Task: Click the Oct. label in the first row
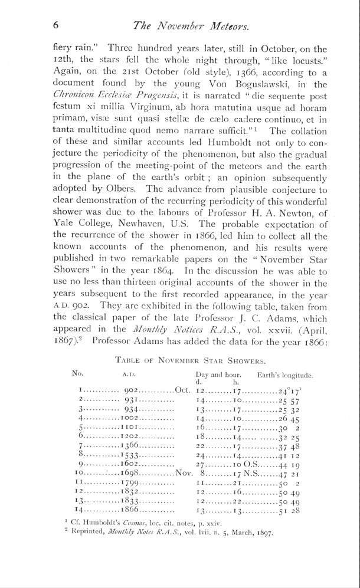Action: [184, 391]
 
